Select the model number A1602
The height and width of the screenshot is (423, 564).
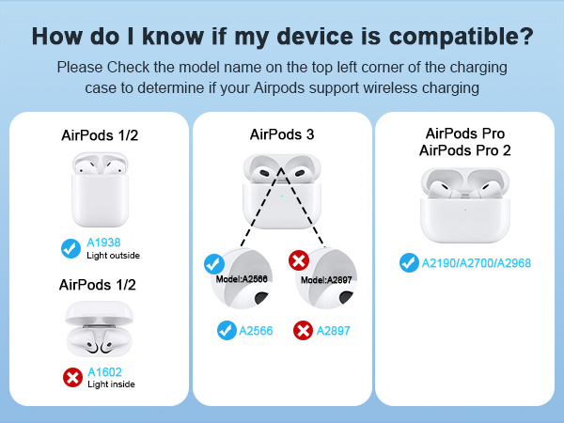[104, 371]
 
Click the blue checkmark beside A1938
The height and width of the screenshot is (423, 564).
[70, 248]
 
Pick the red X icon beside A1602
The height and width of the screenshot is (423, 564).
[71, 377]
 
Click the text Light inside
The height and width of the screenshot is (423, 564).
[111, 384]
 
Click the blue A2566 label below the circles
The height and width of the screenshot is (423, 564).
[257, 331]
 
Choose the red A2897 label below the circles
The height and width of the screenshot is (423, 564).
[334, 331]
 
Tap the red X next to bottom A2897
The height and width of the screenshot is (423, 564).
[303, 331]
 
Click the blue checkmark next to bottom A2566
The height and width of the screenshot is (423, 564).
[226, 331]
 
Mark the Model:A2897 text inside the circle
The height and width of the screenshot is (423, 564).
[326, 279]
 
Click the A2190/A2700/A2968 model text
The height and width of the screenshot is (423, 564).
[477, 263]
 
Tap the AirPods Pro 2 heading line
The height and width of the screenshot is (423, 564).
[465, 150]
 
